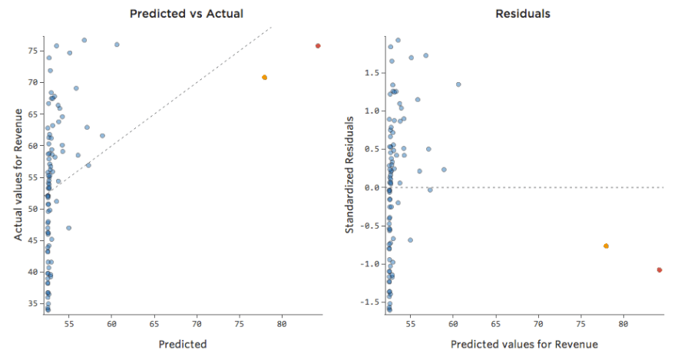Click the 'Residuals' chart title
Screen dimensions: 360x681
(523, 14)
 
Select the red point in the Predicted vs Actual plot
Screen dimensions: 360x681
(318, 46)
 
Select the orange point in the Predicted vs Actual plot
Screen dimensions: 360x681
(264, 78)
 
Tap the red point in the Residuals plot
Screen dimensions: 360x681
(660, 270)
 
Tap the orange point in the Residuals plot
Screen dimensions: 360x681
(606, 246)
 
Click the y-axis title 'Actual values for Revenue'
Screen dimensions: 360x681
(18, 174)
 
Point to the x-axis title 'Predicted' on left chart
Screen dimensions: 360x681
(183, 345)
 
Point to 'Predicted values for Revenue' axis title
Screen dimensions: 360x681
(524, 345)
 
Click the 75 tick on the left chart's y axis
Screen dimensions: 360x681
(34, 51)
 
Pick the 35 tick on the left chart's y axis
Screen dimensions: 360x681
(34, 304)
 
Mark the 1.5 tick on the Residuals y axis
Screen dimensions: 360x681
(372, 73)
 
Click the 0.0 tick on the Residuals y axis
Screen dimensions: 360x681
(372, 187)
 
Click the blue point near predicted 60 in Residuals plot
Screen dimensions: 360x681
(458, 84)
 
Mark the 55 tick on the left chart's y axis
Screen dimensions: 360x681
(34, 177)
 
